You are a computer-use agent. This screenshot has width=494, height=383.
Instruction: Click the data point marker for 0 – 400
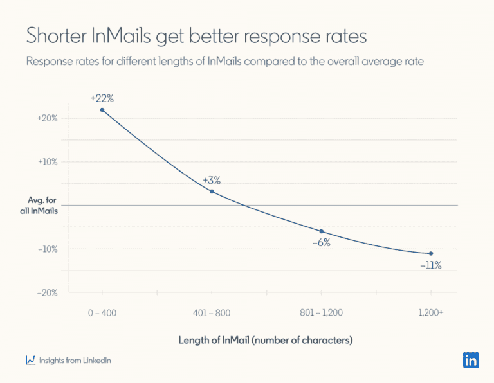pyautogui.click(x=102, y=110)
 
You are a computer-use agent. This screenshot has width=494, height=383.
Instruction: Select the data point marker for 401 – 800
pyautogui.click(x=212, y=191)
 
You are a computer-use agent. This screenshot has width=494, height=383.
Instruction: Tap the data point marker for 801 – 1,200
pyautogui.click(x=321, y=231)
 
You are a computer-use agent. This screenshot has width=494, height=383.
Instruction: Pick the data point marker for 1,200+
pyautogui.click(x=430, y=253)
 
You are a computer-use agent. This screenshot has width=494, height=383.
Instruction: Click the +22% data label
pyautogui.click(x=102, y=98)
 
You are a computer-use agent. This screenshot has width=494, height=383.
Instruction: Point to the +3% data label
pyautogui.click(x=212, y=180)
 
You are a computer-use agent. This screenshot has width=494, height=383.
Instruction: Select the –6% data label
pyautogui.click(x=321, y=243)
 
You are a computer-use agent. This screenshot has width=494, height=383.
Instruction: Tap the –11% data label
pyautogui.click(x=430, y=265)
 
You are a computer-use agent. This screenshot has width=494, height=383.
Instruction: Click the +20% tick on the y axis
pyautogui.click(x=48, y=118)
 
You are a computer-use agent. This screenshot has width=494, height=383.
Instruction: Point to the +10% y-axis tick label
pyautogui.click(x=48, y=162)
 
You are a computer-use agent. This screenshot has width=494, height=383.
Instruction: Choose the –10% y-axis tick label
pyautogui.click(x=48, y=249)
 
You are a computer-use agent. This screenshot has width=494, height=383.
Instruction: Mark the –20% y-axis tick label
pyautogui.click(x=48, y=293)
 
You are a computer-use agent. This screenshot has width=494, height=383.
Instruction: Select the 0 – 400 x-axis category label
pyautogui.click(x=102, y=312)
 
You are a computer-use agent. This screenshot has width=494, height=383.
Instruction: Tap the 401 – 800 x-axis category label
pyautogui.click(x=212, y=312)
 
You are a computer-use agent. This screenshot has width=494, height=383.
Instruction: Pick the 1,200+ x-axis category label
pyautogui.click(x=430, y=312)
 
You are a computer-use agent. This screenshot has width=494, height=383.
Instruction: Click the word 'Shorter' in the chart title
pyautogui.click(x=55, y=37)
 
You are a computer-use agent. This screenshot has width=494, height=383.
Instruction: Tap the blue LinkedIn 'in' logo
pyautogui.click(x=470, y=360)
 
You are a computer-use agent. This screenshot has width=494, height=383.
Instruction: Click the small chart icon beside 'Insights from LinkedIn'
pyautogui.click(x=30, y=361)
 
